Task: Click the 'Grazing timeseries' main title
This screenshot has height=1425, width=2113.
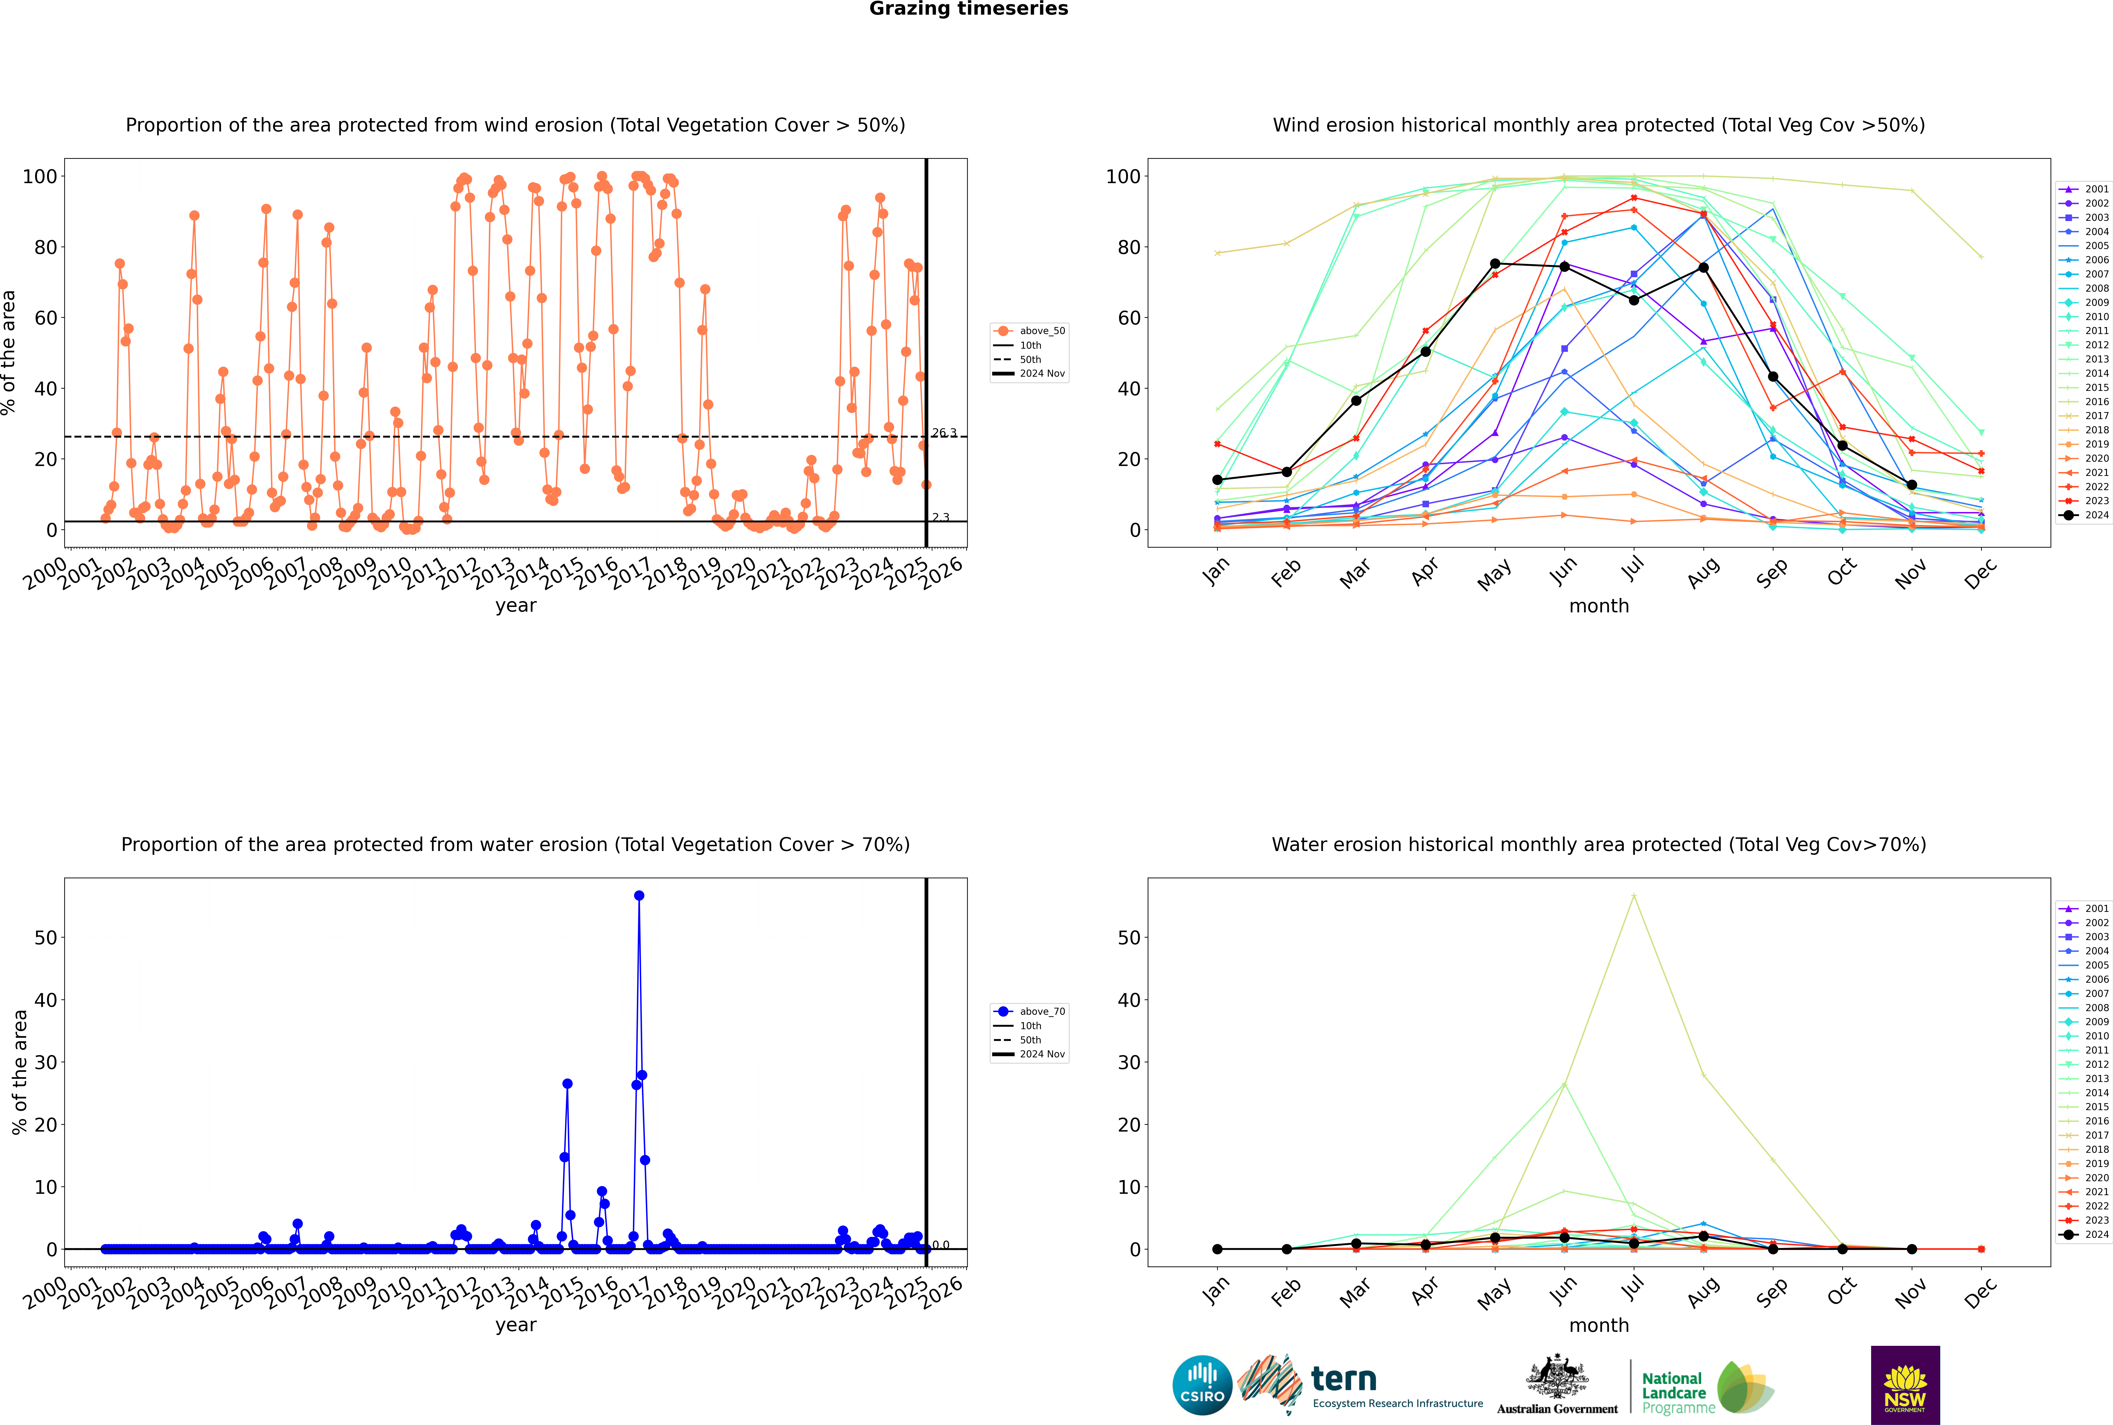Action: point(968,9)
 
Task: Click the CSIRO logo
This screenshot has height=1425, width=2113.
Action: point(1202,1385)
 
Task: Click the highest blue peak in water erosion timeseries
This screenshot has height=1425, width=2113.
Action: point(639,895)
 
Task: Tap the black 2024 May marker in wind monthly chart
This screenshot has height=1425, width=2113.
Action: point(1495,264)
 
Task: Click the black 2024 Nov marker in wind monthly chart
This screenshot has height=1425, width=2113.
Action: point(1911,485)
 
